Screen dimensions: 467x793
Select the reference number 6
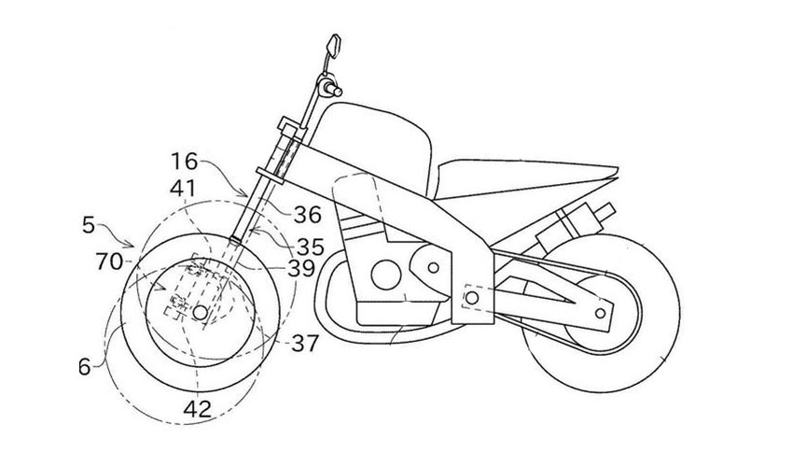[85, 368]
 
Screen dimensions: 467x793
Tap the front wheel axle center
[198, 312]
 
